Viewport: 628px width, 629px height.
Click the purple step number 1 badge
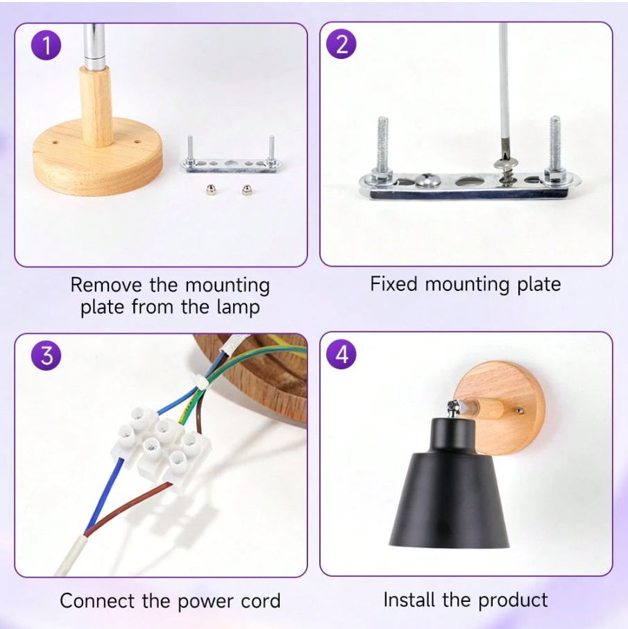click(46, 45)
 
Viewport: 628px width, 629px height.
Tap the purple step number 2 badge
click(341, 44)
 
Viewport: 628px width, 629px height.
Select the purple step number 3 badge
click(46, 355)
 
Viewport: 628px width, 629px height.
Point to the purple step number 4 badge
click(341, 354)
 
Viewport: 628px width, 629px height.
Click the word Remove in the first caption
click(106, 285)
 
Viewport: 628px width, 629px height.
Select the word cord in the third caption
click(261, 601)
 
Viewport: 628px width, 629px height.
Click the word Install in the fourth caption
click(410, 600)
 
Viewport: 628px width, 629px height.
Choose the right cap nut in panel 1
click(247, 190)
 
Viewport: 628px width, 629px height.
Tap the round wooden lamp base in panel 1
click(97, 156)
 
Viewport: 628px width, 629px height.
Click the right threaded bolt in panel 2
click(555, 149)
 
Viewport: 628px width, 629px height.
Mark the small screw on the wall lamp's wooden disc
click(520, 411)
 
